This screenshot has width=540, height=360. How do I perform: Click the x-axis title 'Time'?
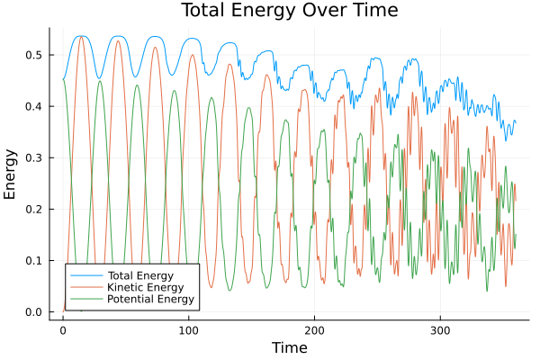pos(289,347)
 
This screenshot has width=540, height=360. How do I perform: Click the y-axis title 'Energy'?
pos(12,174)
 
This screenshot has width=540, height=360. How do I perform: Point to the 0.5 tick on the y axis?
pos(33,56)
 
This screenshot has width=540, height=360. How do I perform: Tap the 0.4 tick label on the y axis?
pos(33,107)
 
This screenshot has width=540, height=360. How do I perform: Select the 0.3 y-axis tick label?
pos(33,158)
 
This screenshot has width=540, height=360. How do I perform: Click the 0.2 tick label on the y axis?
pos(33,210)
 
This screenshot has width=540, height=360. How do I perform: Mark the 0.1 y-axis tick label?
pos(33,261)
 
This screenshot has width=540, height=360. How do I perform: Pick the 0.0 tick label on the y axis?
pos(33,312)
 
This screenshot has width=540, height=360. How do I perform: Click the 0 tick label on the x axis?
pos(63,330)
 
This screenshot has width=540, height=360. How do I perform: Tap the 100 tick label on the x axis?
pos(188,330)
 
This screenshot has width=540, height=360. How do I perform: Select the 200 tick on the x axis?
pos(314,330)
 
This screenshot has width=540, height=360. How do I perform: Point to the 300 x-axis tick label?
pos(440,330)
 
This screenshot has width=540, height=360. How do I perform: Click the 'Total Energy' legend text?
pos(139,274)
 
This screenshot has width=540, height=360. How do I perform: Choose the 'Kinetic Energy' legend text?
pos(143,286)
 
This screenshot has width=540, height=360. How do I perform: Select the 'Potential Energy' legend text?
pos(148,298)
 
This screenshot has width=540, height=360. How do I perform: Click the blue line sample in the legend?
pos(85,274)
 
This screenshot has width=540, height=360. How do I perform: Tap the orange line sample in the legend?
pos(85,286)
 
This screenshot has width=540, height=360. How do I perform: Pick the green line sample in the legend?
pos(85,298)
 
